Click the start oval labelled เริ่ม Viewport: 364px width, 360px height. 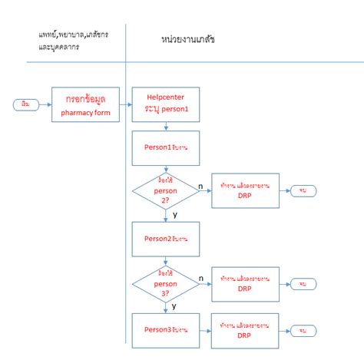[x=24, y=104]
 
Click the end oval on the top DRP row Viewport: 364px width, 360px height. [x=304, y=190]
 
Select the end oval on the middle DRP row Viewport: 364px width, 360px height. [x=304, y=285]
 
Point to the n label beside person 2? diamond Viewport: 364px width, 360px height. [x=200, y=184]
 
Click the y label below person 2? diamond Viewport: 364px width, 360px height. [x=174, y=214]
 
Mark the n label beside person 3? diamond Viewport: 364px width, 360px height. [x=200, y=278]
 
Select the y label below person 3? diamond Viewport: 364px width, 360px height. [x=174, y=306]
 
